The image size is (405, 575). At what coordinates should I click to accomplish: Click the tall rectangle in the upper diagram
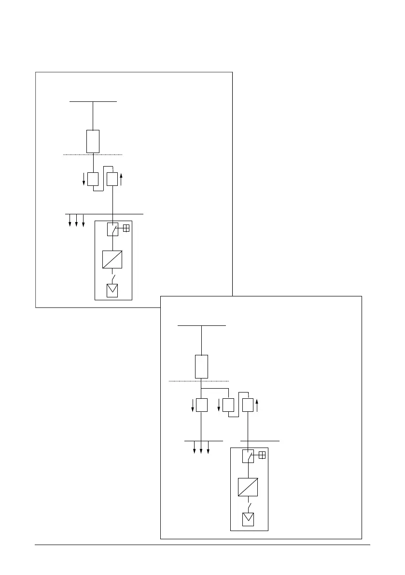coord(93,141)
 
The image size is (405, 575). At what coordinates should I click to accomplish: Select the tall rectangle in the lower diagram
coord(201,366)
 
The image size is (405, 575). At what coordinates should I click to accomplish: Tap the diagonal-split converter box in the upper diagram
coord(112,259)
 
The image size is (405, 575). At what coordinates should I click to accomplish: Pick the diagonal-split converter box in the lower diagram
coord(248,487)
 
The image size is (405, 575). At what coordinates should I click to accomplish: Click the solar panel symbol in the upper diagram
coord(112,291)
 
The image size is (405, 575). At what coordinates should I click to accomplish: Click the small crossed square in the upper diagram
coord(126,228)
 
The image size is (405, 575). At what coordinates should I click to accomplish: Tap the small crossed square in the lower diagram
coord(262,455)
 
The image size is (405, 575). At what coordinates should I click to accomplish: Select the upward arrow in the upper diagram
coord(121,180)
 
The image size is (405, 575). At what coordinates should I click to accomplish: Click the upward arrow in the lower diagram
coord(257,405)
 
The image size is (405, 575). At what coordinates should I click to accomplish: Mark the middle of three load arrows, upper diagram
coord(77,220)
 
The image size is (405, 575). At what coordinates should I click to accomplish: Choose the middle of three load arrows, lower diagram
coord(201,447)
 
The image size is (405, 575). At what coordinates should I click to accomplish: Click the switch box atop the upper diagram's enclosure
coord(112,229)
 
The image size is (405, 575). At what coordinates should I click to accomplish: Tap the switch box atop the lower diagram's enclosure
coord(248,456)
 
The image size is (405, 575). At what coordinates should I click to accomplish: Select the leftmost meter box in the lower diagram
coord(201,405)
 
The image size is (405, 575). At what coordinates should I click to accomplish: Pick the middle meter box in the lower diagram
coord(228,405)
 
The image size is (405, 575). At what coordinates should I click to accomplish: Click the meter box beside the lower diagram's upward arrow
coord(248,405)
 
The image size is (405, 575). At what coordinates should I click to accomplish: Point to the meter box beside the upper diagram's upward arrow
coord(112,179)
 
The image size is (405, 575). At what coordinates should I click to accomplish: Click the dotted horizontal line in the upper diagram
coord(93,154)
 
